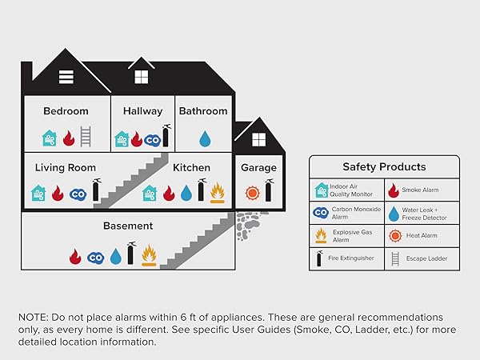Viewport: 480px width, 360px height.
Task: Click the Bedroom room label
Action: tap(66, 111)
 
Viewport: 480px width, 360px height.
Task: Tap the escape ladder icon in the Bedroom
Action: tap(86, 137)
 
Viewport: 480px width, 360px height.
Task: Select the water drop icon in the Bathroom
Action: tap(205, 138)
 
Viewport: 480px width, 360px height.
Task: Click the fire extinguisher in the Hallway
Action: tap(166, 136)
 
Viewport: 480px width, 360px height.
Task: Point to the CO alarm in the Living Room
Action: tap(78, 194)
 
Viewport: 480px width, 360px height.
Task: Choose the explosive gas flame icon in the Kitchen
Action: tap(217, 192)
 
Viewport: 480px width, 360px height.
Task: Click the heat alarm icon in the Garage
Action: tap(252, 193)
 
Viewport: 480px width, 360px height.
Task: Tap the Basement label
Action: tap(127, 226)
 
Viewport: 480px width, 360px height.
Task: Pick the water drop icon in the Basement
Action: tap(115, 257)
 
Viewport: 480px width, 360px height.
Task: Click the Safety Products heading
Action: tap(384, 167)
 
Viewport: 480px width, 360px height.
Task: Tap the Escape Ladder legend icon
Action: tap(394, 258)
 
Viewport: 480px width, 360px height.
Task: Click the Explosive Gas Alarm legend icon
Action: tap(320, 235)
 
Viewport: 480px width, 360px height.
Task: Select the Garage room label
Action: tap(258, 168)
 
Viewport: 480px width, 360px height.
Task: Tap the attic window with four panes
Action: tap(141, 77)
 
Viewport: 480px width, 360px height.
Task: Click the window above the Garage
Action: tap(258, 139)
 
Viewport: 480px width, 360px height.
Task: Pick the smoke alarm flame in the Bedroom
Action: tap(67, 138)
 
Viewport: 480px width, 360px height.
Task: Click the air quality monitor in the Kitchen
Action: tap(149, 193)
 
